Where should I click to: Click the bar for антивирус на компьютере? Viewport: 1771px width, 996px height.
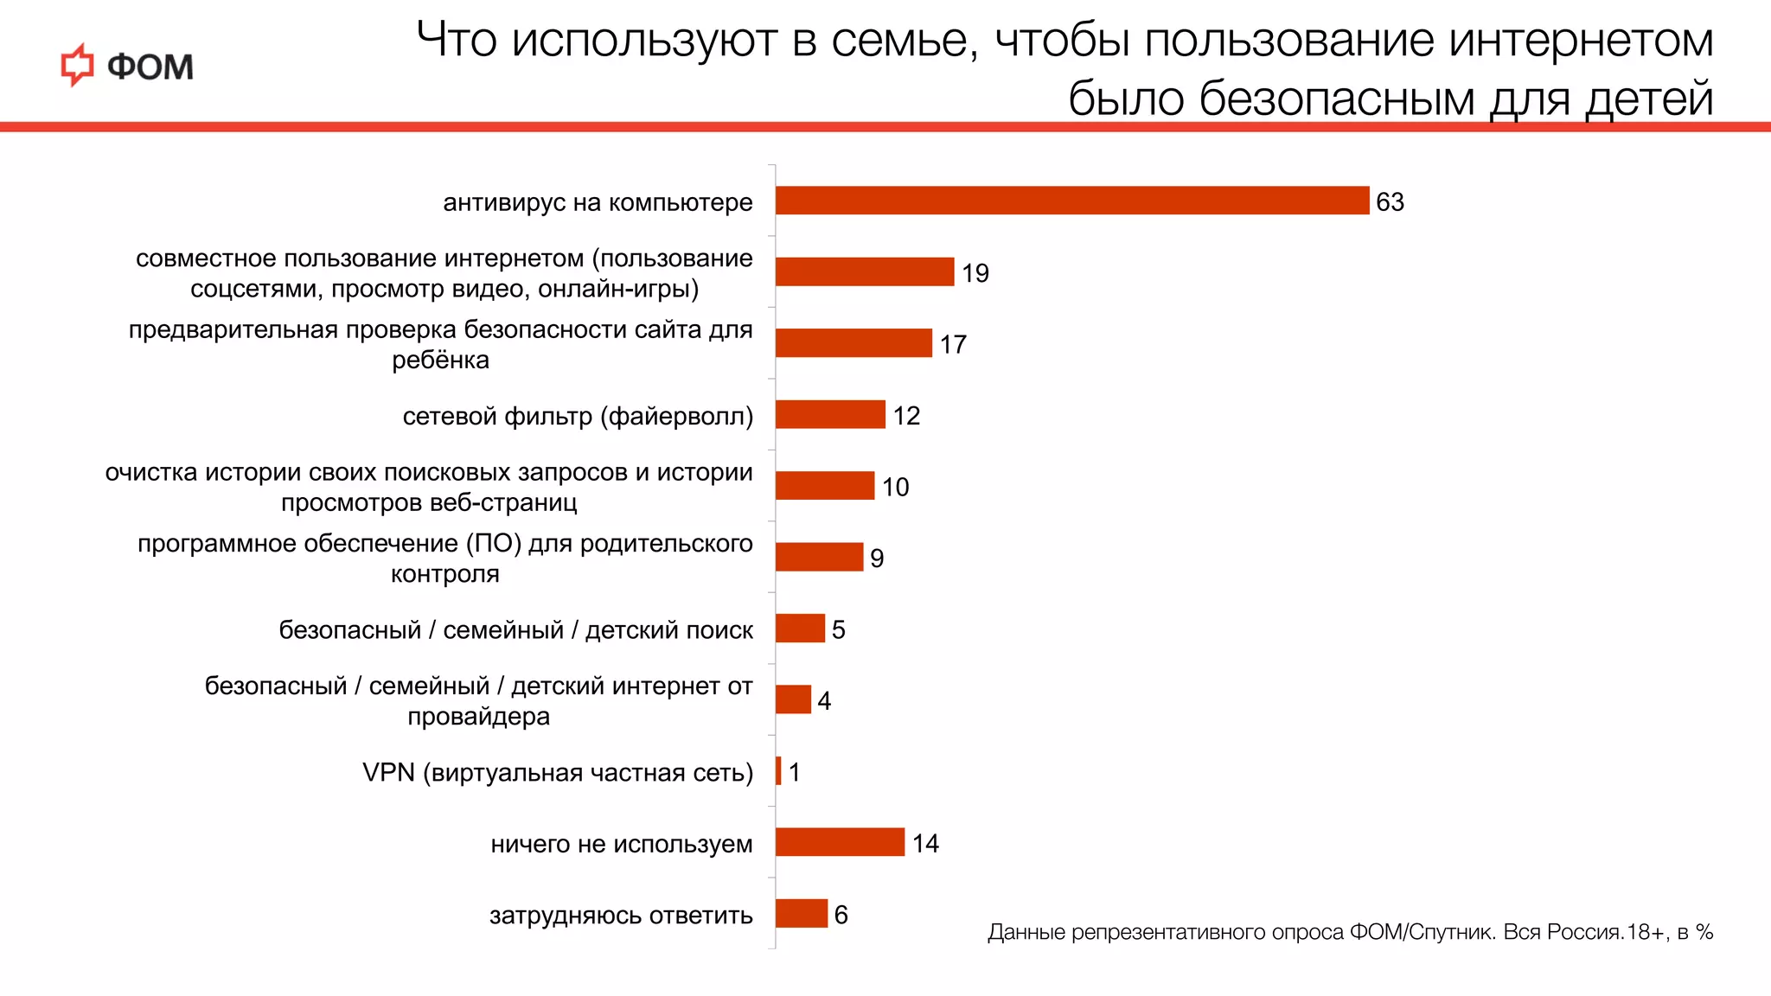tap(1072, 201)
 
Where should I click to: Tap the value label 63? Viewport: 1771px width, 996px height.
tap(1390, 202)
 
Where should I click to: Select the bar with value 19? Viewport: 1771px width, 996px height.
tap(865, 271)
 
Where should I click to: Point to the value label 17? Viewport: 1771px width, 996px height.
tap(953, 345)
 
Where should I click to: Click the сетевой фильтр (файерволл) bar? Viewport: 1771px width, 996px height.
tap(830, 414)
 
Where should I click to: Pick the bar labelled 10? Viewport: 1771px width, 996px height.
tap(825, 485)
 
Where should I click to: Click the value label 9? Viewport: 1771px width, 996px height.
tap(877, 559)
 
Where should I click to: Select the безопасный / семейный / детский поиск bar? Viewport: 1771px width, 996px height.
tap(800, 628)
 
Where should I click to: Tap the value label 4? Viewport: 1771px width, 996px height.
tap(824, 701)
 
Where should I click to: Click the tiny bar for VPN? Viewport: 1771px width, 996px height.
tap(778, 770)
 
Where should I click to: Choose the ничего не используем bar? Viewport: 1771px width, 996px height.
tap(840, 842)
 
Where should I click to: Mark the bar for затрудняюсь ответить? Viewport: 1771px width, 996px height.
tap(802, 913)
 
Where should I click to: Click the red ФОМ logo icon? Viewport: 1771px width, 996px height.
tap(78, 66)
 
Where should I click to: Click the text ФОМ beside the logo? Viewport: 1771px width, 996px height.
tap(150, 67)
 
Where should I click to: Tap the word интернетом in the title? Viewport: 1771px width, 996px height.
tap(1581, 40)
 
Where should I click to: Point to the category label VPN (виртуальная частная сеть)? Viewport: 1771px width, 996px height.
tap(558, 772)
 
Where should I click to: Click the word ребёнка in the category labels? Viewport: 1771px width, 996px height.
tap(440, 360)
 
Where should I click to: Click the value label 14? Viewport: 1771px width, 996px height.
tap(925, 844)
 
